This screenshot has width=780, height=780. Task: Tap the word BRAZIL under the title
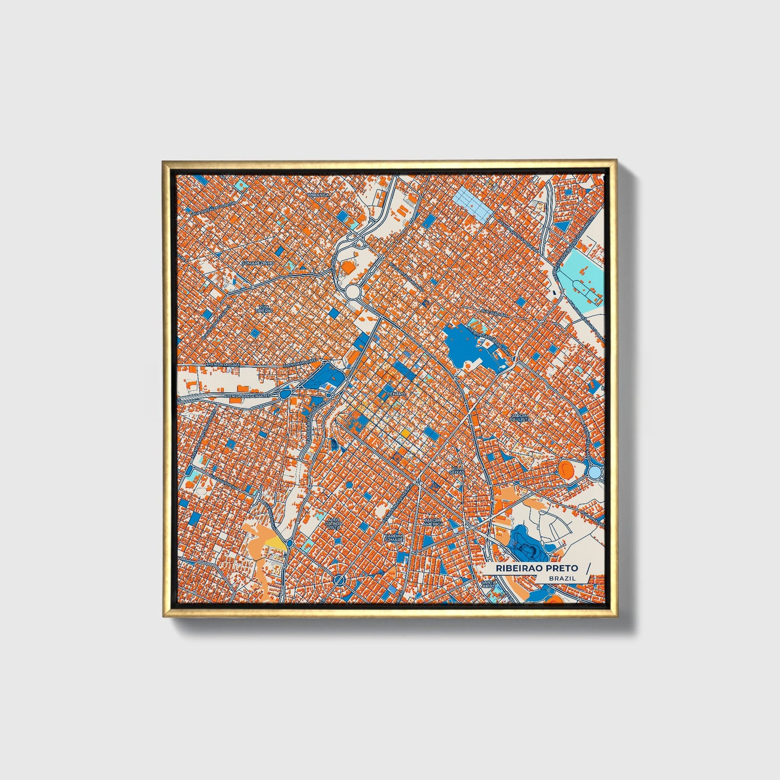coord(562,578)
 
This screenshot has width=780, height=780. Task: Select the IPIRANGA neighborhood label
coord(318,195)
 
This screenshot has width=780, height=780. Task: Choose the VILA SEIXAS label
coord(457,470)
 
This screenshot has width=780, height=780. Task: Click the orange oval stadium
coord(566,469)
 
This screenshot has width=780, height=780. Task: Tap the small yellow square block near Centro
coord(404,433)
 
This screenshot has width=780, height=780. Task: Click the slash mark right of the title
coord(588,568)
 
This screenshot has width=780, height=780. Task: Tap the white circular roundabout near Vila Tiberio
coord(353,292)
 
